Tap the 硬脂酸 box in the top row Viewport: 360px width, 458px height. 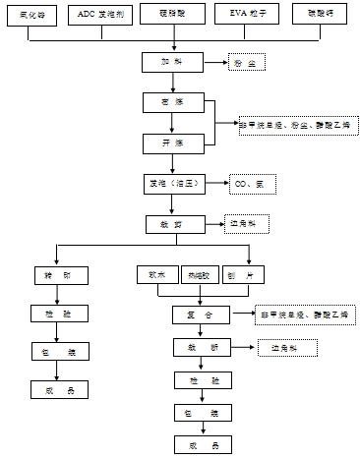coord(174,18)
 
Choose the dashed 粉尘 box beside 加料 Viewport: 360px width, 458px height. coord(247,64)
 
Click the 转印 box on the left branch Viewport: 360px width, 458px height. coord(56,275)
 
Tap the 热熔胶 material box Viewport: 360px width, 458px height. coord(201,275)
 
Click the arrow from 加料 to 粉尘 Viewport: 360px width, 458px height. coord(216,64)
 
